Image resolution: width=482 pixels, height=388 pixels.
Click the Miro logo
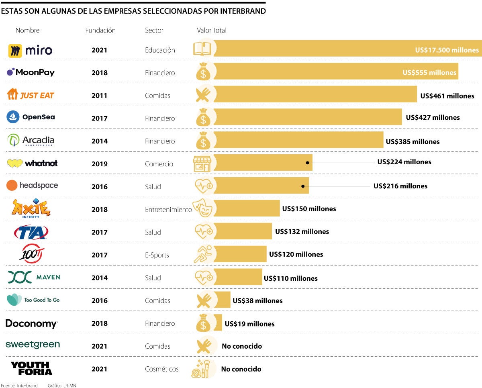point(30,51)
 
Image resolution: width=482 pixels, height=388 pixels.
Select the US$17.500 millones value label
point(447,50)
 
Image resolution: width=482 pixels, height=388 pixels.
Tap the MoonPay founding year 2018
point(99,73)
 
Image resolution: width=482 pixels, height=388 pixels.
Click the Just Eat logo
point(31,95)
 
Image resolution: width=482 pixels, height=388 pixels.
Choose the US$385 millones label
point(413,141)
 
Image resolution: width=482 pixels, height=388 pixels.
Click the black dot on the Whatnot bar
point(307,163)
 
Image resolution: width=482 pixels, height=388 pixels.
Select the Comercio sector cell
point(159,164)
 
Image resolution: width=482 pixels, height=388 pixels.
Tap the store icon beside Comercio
point(202,163)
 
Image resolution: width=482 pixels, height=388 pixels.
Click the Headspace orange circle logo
point(12,185)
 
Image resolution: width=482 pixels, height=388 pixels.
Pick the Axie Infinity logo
point(31,208)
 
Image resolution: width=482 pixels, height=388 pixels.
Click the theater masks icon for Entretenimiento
point(202,209)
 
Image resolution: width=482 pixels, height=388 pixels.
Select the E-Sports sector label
point(157,255)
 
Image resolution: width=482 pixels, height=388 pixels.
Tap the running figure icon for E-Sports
point(202,254)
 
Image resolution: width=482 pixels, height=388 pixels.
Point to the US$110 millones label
point(290,278)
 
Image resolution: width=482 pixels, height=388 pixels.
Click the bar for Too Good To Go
point(223,300)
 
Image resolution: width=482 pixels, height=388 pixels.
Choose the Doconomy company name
point(31,324)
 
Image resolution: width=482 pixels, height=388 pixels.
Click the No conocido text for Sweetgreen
point(241,346)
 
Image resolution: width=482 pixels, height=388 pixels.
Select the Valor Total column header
point(212,31)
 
